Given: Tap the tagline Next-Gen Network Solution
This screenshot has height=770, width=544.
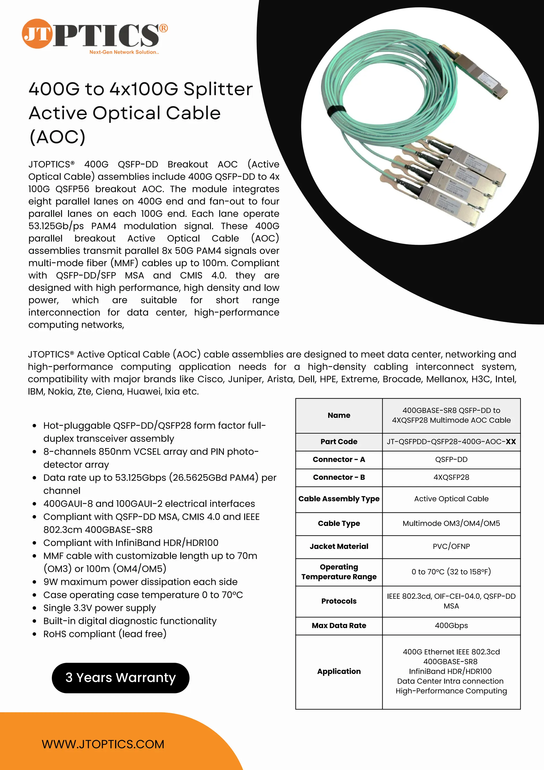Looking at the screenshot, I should [124, 52].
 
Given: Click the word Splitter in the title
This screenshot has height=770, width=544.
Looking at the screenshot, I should [218, 89].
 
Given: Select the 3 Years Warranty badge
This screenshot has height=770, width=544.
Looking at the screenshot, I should [120, 678].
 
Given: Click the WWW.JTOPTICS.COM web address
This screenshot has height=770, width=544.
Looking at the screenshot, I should [103, 744].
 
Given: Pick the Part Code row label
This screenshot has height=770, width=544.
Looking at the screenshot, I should [339, 442].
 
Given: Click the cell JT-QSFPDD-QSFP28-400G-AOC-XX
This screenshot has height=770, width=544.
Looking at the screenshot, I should [451, 442].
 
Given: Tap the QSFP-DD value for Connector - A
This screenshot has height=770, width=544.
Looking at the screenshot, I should [451, 460].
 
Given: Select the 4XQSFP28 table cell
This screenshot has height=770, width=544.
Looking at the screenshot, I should [451, 477].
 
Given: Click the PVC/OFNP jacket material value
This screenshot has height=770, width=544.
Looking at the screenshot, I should [451, 546].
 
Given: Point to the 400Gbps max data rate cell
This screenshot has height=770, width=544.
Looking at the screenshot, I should [451, 626].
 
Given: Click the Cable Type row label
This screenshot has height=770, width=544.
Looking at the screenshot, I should [339, 523].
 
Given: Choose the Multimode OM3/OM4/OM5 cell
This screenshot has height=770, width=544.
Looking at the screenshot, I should [451, 523].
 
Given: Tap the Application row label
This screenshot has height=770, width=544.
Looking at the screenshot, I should [339, 671].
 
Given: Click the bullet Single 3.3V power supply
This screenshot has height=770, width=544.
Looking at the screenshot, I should [99, 608].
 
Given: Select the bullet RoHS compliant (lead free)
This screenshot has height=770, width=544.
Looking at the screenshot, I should [105, 634].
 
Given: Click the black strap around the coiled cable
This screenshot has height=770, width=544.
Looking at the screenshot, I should [336, 112].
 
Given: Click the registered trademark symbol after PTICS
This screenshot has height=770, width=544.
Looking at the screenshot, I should [163, 28].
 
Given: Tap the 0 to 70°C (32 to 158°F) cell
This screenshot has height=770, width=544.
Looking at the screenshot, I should [451, 572].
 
